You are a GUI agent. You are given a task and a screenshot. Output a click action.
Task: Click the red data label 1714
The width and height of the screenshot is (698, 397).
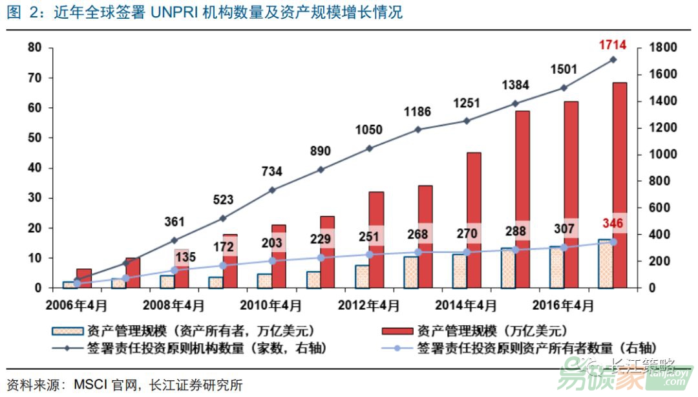point(613,45)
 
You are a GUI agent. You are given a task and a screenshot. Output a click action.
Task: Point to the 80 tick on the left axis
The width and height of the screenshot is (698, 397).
point(34,48)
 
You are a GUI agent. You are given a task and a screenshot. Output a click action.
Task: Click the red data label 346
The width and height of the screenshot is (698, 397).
point(613,223)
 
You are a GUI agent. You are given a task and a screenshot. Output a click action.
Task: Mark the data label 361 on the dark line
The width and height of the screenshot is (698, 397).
point(174,222)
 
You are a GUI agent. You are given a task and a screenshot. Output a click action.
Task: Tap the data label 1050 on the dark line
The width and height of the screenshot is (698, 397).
point(370,130)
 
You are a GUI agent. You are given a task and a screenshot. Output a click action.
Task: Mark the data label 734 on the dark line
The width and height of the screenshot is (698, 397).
point(272,171)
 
